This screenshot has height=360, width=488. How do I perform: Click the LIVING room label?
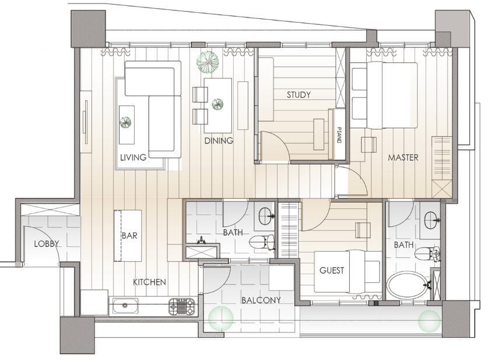(x=133, y=158)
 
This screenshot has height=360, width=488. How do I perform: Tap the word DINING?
(x=219, y=141)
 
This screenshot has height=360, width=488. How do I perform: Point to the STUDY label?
(x=299, y=95)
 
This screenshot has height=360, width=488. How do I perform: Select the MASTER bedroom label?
(x=403, y=158)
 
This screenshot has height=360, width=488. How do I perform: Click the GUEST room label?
(x=332, y=270)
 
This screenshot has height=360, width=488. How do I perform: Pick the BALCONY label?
(x=261, y=300)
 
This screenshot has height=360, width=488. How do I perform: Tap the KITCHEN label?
(x=149, y=282)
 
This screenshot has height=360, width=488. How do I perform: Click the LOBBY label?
(x=47, y=243)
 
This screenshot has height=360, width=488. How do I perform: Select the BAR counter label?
(x=129, y=236)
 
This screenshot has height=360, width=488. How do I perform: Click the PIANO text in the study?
(x=339, y=135)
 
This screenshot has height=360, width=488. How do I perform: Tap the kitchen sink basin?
(x=125, y=306)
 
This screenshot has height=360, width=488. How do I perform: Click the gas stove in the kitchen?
(x=182, y=306)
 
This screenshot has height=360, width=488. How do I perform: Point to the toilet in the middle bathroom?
(x=262, y=242)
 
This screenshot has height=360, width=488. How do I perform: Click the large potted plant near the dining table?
(x=208, y=62)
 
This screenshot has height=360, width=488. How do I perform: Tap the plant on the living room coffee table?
(x=125, y=122)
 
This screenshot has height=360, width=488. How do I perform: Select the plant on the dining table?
(x=217, y=104)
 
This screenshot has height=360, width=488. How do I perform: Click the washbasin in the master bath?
(x=431, y=219)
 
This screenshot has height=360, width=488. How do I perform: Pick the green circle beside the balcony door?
(x=221, y=318)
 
